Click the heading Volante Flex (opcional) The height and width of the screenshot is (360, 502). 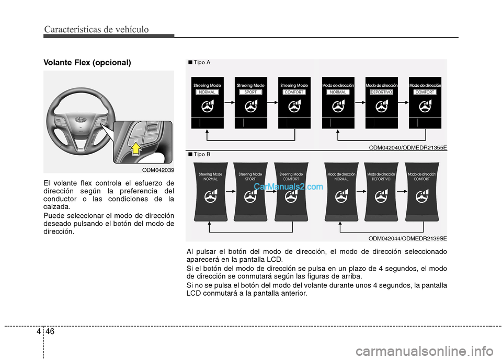coord(87,62)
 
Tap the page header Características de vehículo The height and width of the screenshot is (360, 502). coord(96,29)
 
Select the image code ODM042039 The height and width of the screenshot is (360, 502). coord(158,170)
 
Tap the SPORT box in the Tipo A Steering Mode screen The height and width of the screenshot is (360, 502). coord(250,92)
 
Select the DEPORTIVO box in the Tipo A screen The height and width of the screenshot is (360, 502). coord(381,92)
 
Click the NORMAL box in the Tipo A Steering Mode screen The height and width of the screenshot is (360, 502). coord(208,92)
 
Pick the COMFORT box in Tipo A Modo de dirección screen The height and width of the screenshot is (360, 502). coord(425,92)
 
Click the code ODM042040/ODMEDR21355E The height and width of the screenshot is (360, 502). coord(408,148)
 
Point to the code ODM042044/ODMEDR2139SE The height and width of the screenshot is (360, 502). coord(407,238)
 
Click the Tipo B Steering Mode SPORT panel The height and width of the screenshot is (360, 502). coord(250,192)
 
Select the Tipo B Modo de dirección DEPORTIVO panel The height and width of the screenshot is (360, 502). coord(381,192)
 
